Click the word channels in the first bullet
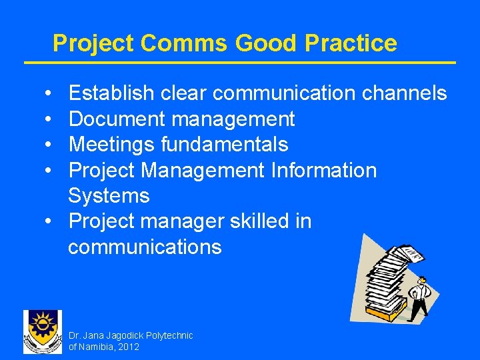(404, 93)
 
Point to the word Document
(117, 119)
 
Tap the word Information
(323, 170)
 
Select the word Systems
(109, 196)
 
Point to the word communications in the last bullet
(145, 247)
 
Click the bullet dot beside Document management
(51, 119)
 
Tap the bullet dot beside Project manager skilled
(51, 221)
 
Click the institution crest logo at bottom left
(42, 331)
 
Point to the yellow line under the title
(240, 63)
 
